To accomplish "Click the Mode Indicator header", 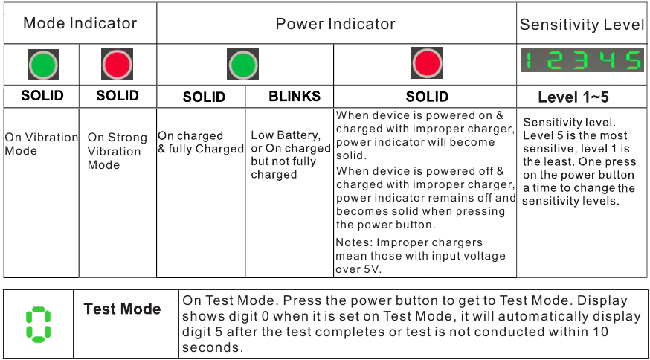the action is tap(80, 23).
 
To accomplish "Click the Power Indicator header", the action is tap(335, 24).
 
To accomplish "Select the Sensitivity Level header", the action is tap(582, 25).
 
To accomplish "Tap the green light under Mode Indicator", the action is tap(43, 65).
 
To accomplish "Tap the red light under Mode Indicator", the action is tap(118, 64).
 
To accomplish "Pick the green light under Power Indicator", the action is tap(243, 64).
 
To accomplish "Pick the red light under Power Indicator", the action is tap(427, 63).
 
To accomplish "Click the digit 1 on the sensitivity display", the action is tap(529, 60).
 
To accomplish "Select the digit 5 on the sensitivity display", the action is tap(633, 60).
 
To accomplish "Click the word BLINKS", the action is tap(295, 96).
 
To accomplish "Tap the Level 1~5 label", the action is tap(573, 97).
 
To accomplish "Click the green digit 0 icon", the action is tap(38, 325).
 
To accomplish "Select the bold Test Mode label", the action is tap(122, 309).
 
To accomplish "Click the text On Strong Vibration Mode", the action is tap(118, 151).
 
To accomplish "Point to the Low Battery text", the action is tap(286, 135).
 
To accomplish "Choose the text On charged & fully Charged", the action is tap(201, 142).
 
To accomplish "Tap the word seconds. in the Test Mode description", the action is tap(213, 347).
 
